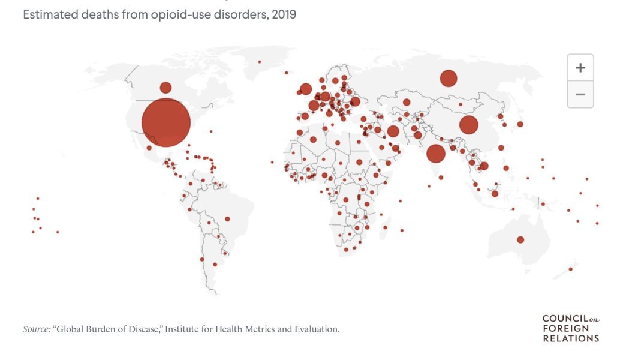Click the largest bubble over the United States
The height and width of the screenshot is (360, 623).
point(166,123)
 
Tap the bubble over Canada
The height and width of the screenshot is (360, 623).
point(165,88)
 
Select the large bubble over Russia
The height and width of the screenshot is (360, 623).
point(449,78)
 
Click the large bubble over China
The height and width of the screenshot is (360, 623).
point(469,125)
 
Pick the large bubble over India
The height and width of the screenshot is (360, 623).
point(436,154)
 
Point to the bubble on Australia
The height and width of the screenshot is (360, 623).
point(520,240)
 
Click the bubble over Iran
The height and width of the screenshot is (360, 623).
point(393,131)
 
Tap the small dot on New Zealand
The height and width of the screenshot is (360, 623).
point(570,269)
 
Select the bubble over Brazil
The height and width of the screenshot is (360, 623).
point(227,218)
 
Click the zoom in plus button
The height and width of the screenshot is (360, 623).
point(580,68)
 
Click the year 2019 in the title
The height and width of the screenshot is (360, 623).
point(284,14)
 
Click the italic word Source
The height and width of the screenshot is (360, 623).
point(37,329)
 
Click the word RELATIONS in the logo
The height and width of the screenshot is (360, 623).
point(571,338)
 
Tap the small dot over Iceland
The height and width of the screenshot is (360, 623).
point(287,73)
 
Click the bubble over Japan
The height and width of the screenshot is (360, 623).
point(520,124)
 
